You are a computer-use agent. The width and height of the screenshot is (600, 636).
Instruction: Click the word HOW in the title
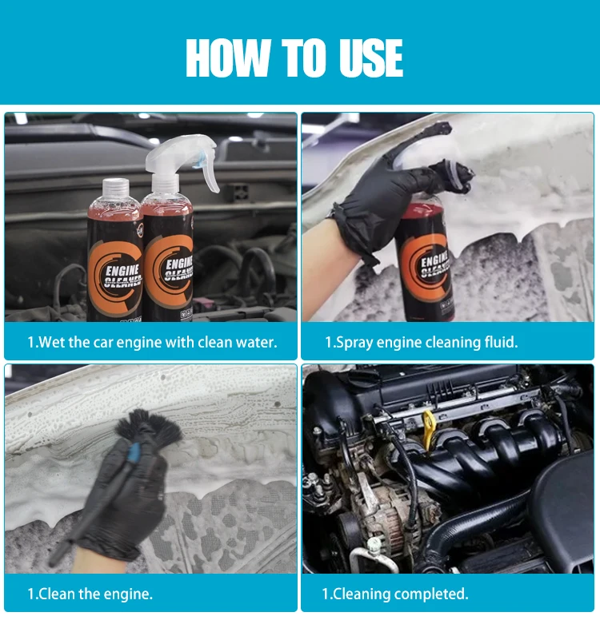(x=228, y=58)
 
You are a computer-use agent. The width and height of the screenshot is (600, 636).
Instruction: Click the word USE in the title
(x=371, y=58)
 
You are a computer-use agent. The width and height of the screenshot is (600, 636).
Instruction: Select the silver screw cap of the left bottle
(x=116, y=189)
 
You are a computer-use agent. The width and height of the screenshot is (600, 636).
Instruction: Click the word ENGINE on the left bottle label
(x=122, y=271)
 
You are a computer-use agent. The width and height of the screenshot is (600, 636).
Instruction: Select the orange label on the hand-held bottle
(x=426, y=268)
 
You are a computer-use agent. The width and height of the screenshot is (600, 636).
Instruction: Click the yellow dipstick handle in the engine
(x=430, y=429)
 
